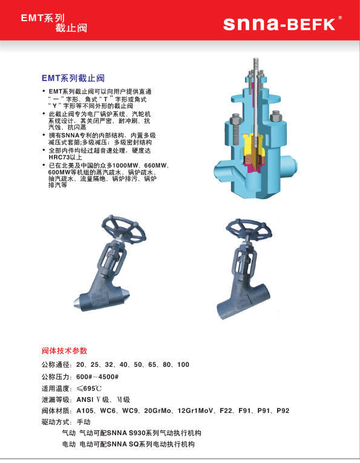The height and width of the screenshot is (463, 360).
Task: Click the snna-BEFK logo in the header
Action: (x=279, y=24)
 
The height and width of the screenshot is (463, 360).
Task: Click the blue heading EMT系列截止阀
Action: (x=73, y=78)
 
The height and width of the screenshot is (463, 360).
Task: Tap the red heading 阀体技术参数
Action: (x=64, y=351)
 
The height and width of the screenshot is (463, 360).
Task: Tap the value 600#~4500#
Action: (x=97, y=377)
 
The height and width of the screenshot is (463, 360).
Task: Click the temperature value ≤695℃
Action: (x=89, y=389)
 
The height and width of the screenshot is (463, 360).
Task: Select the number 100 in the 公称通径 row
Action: (x=183, y=365)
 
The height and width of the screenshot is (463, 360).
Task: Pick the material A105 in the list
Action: (x=85, y=411)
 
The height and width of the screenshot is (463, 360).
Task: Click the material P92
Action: (x=283, y=411)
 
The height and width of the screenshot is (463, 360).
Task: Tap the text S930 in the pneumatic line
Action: (x=137, y=433)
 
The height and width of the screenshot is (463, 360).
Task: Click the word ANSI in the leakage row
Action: (x=85, y=399)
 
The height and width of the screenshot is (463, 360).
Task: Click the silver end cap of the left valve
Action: (x=78, y=303)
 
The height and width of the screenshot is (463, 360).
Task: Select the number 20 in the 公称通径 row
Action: (x=80, y=365)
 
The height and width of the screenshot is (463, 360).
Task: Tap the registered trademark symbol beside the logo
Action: (x=340, y=18)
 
